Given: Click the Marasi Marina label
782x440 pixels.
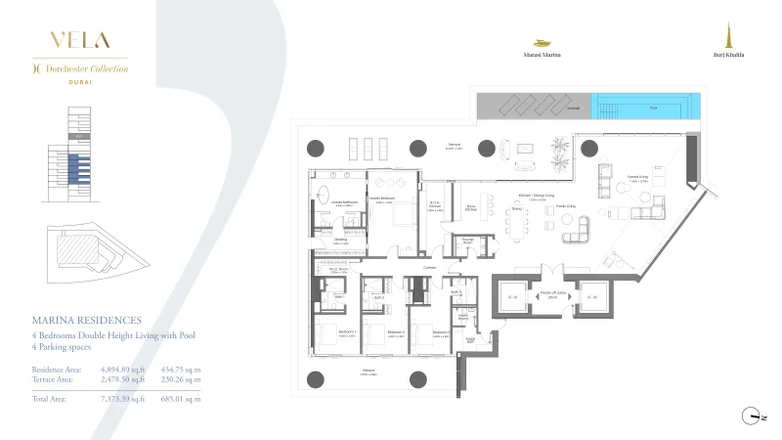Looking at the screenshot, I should tap(543, 56).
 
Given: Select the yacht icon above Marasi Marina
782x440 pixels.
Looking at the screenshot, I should tap(543, 43).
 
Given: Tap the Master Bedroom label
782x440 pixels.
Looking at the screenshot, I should tap(381, 198).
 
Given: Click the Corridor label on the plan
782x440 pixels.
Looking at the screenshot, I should tap(429, 265).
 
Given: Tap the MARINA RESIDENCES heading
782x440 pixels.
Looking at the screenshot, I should tap(87, 320).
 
